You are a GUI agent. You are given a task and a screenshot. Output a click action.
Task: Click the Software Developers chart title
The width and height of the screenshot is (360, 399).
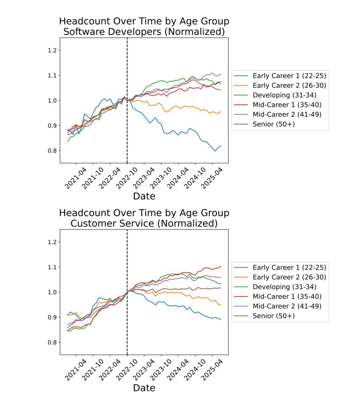144,27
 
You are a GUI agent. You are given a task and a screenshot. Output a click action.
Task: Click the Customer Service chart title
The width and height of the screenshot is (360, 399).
144,218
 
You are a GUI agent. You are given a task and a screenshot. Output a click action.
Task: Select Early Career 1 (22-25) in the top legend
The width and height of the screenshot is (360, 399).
289,76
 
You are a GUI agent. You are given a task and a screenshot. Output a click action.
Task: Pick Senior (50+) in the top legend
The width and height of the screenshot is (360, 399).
273,124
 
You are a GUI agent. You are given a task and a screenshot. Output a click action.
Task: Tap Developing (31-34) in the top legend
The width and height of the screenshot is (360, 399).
284,95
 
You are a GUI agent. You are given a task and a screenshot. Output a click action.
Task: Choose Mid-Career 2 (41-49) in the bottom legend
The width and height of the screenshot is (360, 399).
287,306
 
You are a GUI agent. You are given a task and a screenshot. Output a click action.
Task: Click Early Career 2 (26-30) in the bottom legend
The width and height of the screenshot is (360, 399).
289,277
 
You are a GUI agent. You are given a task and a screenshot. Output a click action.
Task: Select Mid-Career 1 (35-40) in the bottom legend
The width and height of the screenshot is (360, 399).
287,297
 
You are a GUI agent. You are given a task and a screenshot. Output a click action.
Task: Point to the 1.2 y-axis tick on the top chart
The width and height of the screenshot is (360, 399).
52,51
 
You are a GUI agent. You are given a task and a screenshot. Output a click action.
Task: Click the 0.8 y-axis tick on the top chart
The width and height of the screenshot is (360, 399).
52,151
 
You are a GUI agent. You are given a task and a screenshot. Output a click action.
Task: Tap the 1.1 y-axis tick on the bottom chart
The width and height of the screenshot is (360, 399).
52,267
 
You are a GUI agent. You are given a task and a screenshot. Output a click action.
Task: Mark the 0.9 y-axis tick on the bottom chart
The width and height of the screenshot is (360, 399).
52,318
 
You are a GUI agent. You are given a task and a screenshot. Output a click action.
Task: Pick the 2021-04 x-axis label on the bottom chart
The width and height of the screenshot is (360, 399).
76,370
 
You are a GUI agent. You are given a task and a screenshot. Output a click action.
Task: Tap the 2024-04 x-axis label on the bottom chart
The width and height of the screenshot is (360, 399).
178,370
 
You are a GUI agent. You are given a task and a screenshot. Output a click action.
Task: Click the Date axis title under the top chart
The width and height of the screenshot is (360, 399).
144,196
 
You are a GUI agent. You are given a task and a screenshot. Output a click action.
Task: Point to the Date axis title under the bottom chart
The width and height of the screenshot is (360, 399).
144,388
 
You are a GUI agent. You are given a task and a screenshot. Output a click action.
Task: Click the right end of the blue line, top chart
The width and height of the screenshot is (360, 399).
221,146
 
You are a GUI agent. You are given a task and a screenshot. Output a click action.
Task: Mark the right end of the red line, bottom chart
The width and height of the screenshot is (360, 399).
221,266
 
